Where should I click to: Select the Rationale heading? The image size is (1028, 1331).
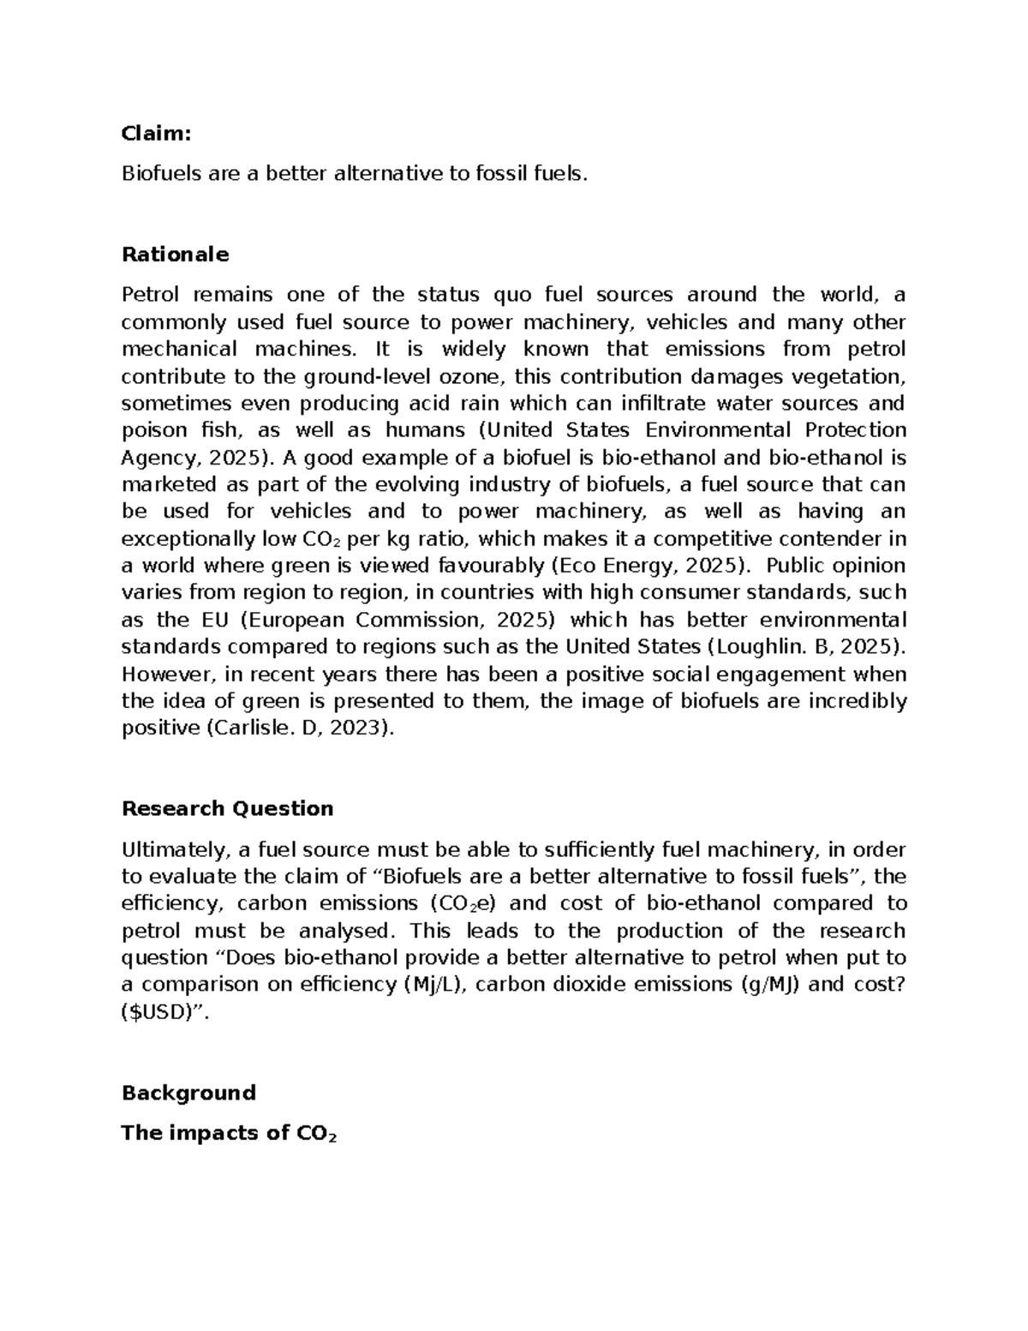click(176, 255)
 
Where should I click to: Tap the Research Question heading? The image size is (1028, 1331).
click(227, 808)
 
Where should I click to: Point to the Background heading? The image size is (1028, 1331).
click(188, 1093)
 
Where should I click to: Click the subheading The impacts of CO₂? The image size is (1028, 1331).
click(230, 1133)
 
